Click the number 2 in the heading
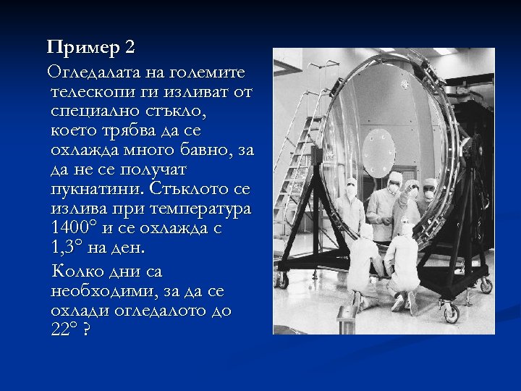[x=130, y=48]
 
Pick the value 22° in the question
[x=65, y=330]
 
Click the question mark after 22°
[x=88, y=330]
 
